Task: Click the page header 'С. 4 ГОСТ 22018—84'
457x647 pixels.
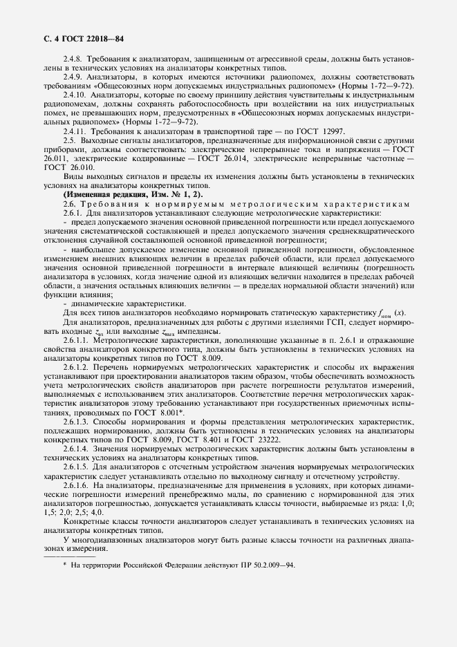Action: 84,39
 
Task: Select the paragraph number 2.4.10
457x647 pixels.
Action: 75,92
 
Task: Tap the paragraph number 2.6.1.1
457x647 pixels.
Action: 77,339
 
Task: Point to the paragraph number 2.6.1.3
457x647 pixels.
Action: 77,420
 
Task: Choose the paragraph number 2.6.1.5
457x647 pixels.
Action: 77,466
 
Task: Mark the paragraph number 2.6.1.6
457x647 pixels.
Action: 77,485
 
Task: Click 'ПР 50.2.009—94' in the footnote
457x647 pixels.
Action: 264,565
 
